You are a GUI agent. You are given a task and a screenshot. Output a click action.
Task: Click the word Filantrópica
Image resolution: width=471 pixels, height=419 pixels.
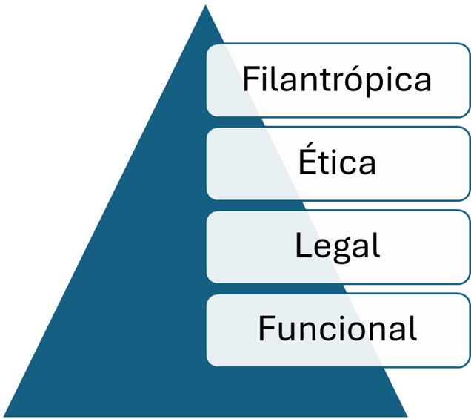pyautogui.click(x=337, y=79)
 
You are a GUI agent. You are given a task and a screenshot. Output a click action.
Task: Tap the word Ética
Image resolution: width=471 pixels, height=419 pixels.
pyautogui.click(x=337, y=162)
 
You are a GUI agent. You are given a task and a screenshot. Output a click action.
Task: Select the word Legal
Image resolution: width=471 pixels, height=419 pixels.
pyautogui.click(x=337, y=245)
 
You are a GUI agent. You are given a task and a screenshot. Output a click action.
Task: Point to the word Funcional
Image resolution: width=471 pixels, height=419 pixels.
pyautogui.click(x=337, y=329)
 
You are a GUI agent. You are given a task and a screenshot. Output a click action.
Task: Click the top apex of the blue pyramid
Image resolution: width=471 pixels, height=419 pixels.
pyautogui.click(x=204, y=3)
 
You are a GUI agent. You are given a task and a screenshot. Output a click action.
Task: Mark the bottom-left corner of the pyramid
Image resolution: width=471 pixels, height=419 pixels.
pyautogui.click(x=2, y=416)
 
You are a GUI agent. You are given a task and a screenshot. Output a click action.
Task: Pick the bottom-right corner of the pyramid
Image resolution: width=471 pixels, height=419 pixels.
pyautogui.click(x=408, y=416)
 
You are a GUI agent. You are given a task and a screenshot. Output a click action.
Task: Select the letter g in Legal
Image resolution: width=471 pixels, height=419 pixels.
pyautogui.click(x=337, y=249)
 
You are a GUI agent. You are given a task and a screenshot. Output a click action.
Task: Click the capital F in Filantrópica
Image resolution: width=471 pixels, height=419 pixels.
pyautogui.click(x=250, y=78)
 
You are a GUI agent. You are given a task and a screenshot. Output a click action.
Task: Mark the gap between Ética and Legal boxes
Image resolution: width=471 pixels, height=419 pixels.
pyautogui.click(x=337, y=205)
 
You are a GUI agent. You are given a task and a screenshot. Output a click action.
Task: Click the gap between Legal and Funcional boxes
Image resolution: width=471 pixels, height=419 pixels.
pyautogui.click(x=337, y=288)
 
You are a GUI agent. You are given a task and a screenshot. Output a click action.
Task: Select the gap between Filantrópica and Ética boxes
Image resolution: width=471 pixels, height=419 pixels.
pyautogui.click(x=337, y=122)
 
